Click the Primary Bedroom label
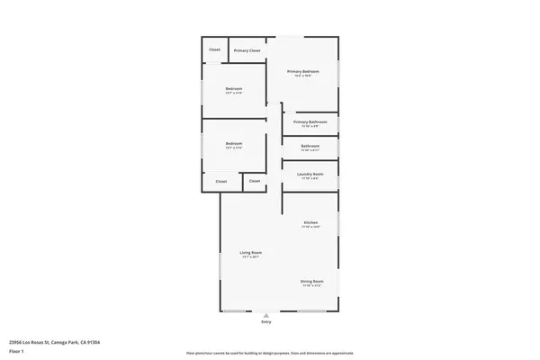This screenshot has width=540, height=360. pyautogui.click(x=304, y=71)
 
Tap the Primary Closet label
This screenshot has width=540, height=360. pyautogui.click(x=247, y=50)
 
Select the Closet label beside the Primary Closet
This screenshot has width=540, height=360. pyautogui.click(x=215, y=49)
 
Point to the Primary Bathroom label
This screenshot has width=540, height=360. pyautogui.click(x=310, y=121)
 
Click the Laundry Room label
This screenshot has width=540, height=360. pyautogui.click(x=310, y=174)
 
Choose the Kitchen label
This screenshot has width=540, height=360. pyautogui.click(x=310, y=222)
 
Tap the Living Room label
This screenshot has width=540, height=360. pyautogui.click(x=250, y=253)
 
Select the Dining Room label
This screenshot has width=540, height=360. pyautogui.click(x=310, y=281)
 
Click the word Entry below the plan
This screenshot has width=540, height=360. pyautogui.click(x=265, y=321)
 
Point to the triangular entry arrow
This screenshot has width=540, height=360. pyautogui.click(x=265, y=314)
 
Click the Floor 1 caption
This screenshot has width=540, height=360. pyautogui.click(x=16, y=352)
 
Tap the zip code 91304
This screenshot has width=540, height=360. pyautogui.click(x=93, y=342)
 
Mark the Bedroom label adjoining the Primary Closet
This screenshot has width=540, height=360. pyautogui.click(x=233, y=88)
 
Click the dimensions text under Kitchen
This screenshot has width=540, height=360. pyautogui.click(x=310, y=227)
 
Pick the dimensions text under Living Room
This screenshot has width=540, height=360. pyautogui.click(x=250, y=257)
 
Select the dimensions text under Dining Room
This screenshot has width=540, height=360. pyautogui.click(x=310, y=285)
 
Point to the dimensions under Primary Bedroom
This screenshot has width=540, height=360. pyautogui.click(x=304, y=76)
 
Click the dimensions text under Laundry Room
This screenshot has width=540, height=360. pyautogui.click(x=310, y=178)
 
